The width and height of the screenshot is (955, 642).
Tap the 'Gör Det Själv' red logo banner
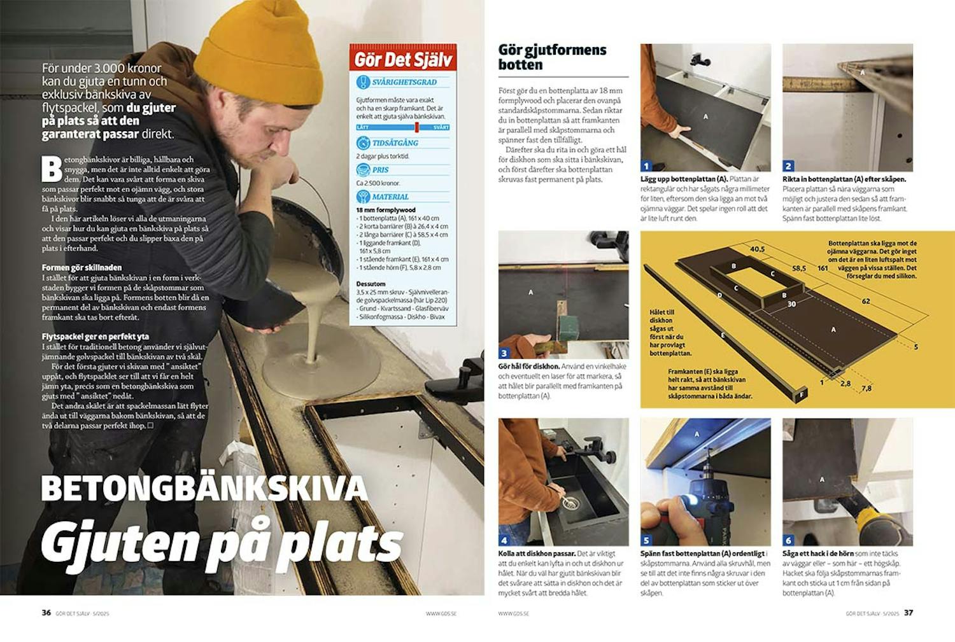point(403,59)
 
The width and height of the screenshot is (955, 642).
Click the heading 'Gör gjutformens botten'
point(552,57)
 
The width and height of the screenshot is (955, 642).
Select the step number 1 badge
point(646,166)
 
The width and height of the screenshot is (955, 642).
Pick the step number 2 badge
point(788,166)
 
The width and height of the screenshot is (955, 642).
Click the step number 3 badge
point(504,353)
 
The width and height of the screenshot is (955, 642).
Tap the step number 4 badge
point(504,540)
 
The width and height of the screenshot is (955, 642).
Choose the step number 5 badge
point(646,540)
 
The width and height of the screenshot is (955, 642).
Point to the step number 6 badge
point(788,540)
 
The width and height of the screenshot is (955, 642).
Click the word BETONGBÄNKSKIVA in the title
point(204,489)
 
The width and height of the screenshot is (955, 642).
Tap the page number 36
point(46,613)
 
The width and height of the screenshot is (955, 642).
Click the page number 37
point(909,613)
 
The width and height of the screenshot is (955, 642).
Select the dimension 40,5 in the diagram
point(757,249)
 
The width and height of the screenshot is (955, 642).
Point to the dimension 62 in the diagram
point(866,301)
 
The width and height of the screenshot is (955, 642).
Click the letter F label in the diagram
point(802,394)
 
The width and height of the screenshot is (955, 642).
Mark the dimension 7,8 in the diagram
point(867,388)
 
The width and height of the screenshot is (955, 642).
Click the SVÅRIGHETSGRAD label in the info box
point(404,82)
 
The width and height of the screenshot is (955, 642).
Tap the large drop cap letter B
point(52,169)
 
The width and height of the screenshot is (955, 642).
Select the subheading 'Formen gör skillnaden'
point(81,267)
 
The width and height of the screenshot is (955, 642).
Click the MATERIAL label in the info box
point(390,197)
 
